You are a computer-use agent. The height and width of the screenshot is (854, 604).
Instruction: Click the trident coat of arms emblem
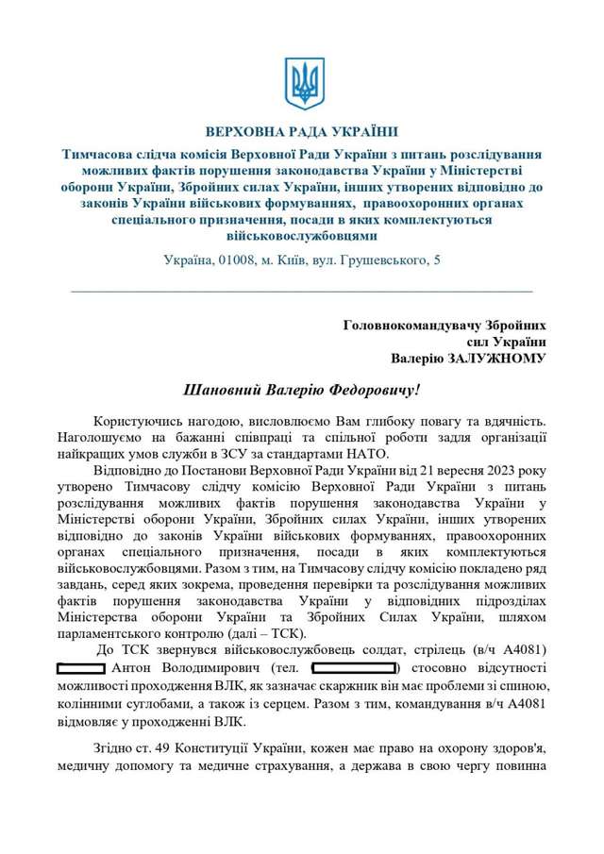click(x=303, y=84)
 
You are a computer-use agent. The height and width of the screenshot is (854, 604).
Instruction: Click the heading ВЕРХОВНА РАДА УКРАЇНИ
click(x=302, y=132)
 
